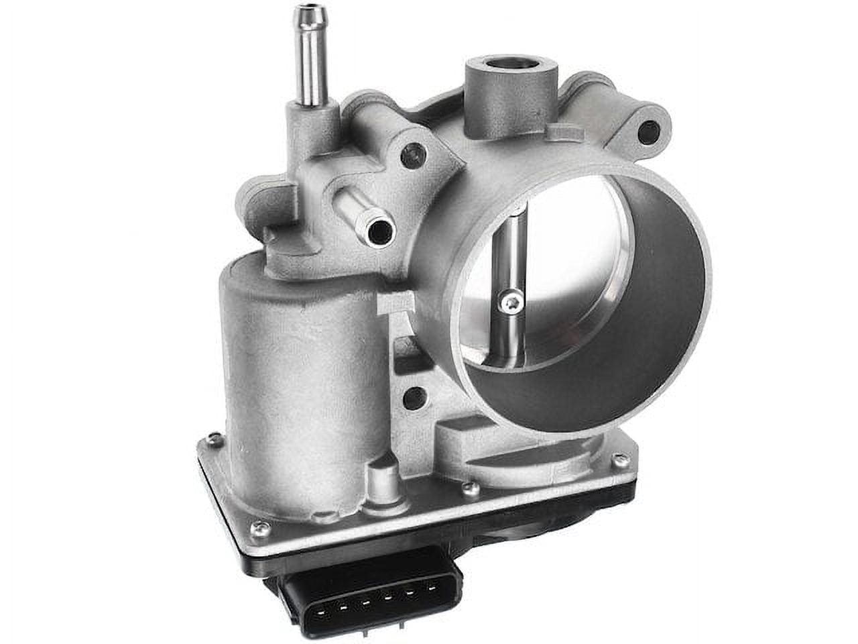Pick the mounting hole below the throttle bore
(x=416, y=396)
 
